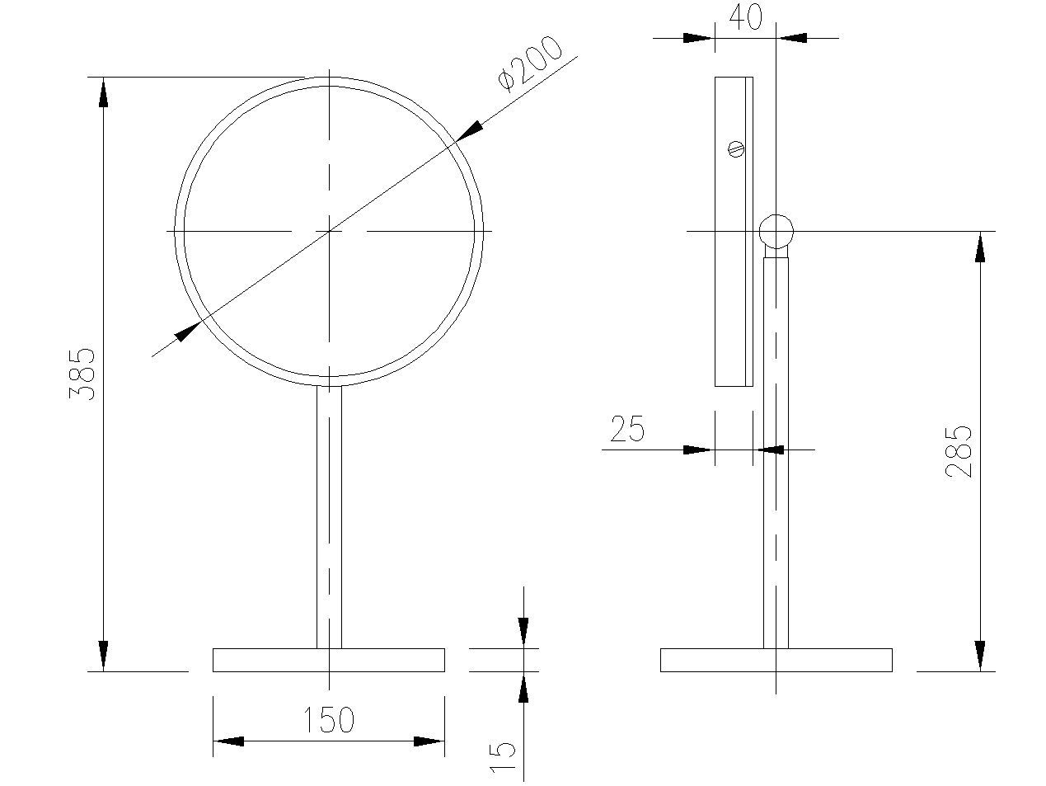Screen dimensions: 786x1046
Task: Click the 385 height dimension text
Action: (82, 374)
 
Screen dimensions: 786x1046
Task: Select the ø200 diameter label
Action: (530, 64)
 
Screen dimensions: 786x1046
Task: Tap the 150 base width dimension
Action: (329, 720)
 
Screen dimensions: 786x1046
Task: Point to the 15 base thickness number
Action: (503, 756)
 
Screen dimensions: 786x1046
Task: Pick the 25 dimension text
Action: (627, 430)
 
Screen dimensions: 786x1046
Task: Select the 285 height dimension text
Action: (959, 451)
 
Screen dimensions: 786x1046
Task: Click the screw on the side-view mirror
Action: (737, 149)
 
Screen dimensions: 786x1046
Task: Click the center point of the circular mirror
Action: (329, 231)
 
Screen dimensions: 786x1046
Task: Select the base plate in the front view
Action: (329, 660)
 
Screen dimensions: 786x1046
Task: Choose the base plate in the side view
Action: (776, 660)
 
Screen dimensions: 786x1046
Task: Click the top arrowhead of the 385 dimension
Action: (103, 91)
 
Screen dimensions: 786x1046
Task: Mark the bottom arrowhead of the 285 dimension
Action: (980, 657)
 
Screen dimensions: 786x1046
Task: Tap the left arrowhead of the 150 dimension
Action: (228, 741)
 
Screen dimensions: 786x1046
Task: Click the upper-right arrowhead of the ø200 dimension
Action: (470, 130)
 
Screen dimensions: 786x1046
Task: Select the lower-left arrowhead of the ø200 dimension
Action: (188, 332)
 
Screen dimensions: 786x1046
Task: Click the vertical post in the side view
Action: (776, 454)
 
